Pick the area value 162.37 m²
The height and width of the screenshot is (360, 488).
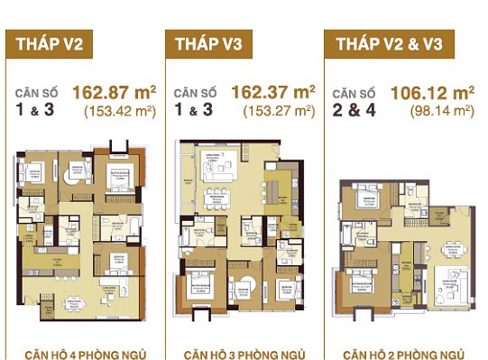[x=273, y=92]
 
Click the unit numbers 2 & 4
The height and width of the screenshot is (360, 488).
[x=353, y=113]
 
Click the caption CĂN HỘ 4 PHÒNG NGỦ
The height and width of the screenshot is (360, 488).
[x=80, y=352]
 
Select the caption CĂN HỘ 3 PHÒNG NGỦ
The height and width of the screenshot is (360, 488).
[x=241, y=352]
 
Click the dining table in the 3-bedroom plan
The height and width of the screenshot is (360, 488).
[x=218, y=198]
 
